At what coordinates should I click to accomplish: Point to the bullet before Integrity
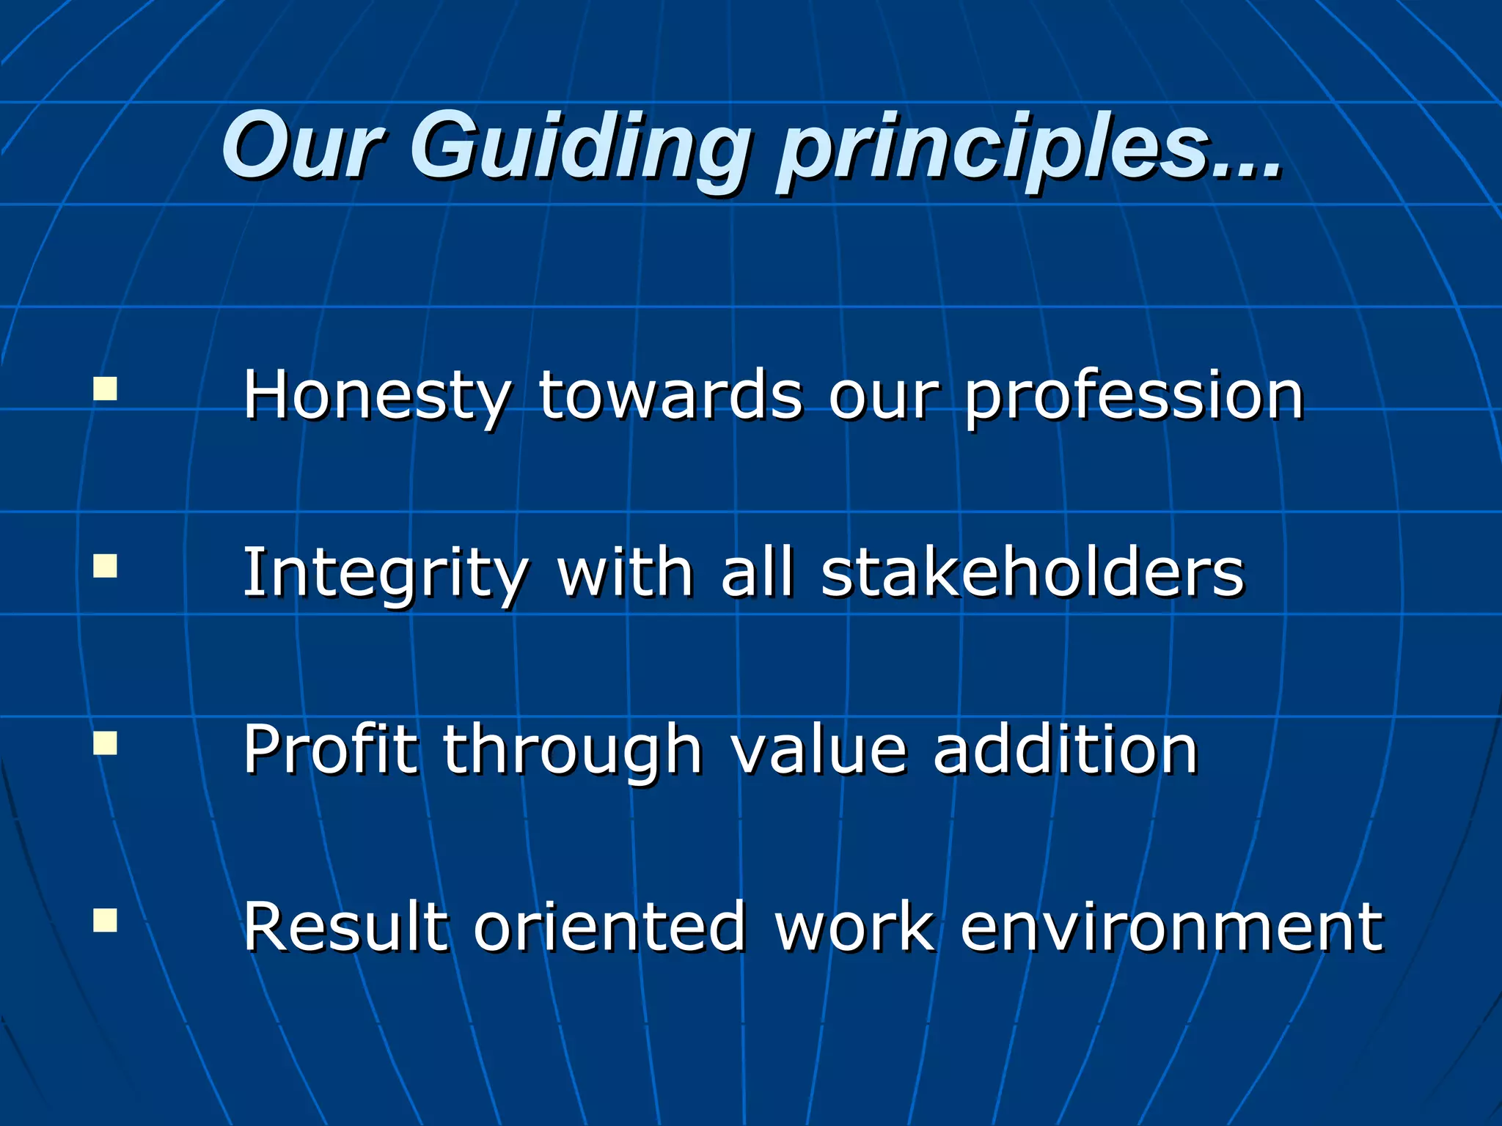[106, 566]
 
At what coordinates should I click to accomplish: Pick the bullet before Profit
[106, 743]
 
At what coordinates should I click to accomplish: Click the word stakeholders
[1033, 573]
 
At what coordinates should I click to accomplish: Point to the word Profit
[330, 750]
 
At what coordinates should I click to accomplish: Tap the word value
[819, 750]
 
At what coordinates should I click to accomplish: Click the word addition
[1066, 750]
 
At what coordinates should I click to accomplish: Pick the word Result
[345, 927]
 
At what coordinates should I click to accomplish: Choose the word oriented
[609, 927]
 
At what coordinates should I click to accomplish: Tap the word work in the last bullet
[855, 927]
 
